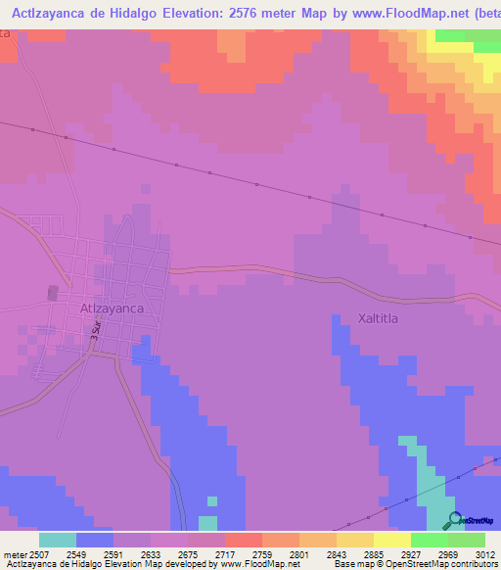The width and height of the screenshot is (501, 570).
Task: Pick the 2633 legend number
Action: click(150, 554)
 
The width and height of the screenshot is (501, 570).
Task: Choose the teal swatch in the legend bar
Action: click(58, 540)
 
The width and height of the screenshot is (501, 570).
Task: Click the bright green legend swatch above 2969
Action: click(430, 540)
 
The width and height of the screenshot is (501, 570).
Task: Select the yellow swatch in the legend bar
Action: click(392, 540)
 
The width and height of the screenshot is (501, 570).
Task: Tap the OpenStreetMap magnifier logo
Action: click(453, 520)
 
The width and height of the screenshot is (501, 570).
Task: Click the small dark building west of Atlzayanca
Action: click(52, 293)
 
